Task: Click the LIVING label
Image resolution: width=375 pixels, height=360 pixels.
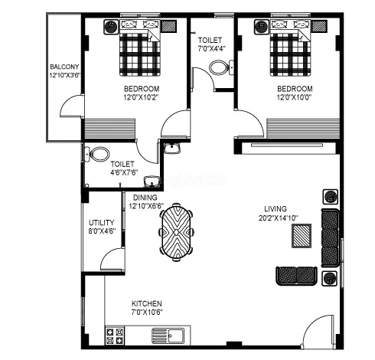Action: (x=276, y=207)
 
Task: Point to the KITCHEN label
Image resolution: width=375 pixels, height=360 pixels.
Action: (x=147, y=304)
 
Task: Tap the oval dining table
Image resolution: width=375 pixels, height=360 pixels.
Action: (x=177, y=232)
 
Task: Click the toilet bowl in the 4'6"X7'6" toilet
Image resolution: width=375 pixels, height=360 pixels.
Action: (x=100, y=153)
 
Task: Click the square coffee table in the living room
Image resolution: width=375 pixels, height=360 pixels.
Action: (x=302, y=237)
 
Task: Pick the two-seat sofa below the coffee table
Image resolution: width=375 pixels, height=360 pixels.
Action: (x=296, y=273)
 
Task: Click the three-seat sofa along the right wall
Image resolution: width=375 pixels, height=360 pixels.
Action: (x=330, y=237)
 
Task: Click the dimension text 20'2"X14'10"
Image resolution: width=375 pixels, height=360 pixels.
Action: (x=276, y=217)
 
